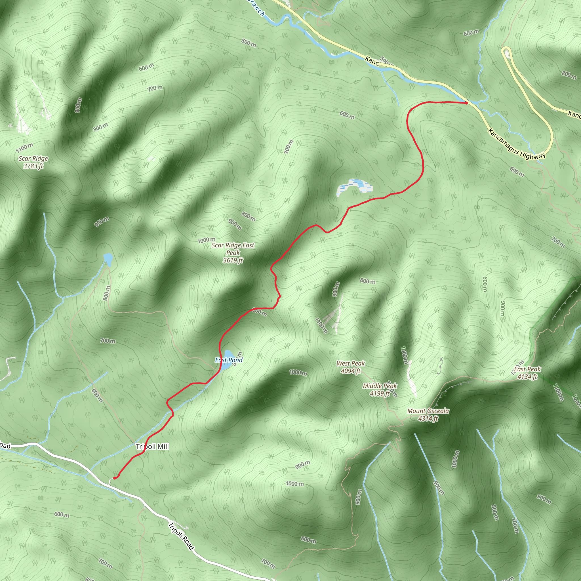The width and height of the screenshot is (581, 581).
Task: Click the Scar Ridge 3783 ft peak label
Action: pos(33,162)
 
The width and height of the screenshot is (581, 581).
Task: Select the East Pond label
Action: pos(229,360)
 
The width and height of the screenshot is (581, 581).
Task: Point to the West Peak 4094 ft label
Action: pos(351,367)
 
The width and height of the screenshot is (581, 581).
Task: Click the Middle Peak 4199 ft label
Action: pos(380,390)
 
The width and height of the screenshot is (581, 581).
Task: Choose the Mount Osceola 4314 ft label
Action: pos(428,415)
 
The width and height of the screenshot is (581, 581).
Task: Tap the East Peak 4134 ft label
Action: pos(527,373)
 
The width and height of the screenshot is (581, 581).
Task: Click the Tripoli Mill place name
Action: pos(152,447)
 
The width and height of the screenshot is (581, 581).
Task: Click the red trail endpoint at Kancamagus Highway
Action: pos(466,103)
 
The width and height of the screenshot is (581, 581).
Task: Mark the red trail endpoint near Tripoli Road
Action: pos(115,478)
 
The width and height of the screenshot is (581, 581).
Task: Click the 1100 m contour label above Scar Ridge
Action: pos(25,148)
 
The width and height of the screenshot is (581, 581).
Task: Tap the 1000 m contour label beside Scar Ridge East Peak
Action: pos(206,240)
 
